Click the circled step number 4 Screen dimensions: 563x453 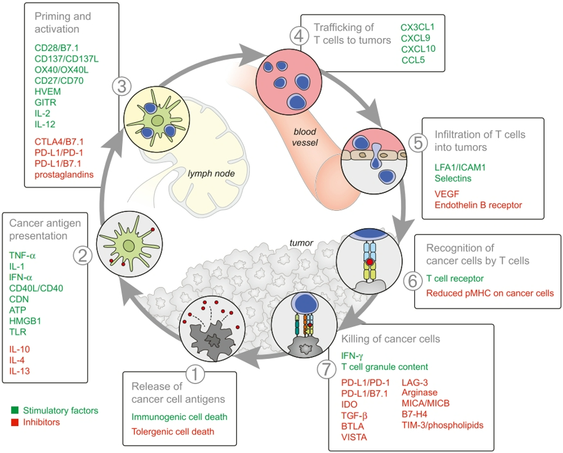[299, 36]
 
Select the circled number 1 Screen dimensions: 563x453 [195, 374]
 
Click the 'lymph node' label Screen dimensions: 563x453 [211, 174]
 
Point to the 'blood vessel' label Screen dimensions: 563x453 [305, 137]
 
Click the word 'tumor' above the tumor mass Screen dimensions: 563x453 [301, 243]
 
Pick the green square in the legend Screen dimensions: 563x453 [15, 410]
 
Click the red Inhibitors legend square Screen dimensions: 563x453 [15, 422]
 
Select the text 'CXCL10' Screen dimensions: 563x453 [418, 49]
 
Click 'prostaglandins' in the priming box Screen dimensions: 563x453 [64, 175]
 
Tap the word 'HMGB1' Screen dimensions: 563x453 [25, 321]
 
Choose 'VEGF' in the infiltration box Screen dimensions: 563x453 [447, 194]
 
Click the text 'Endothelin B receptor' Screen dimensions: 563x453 [478, 205]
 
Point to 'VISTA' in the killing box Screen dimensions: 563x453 [354, 437]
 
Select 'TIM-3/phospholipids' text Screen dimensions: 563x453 [443, 425]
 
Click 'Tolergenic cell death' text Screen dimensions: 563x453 [173, 431]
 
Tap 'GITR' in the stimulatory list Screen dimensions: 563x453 [45, 103]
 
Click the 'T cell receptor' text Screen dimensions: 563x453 [455, 278]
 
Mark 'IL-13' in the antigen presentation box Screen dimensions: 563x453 [20, 371]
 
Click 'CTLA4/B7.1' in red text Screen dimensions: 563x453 [59, 141]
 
